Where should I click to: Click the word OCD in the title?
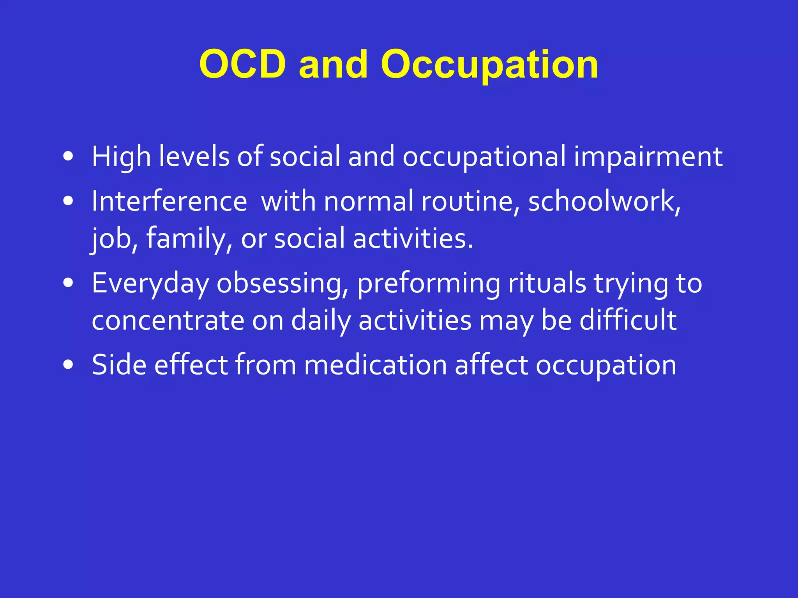click(x=242, y=64)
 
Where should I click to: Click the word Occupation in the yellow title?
click(x=489, y=64)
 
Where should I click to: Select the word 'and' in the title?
click(x=333, y=64)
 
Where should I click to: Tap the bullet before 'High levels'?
click(x=68, y=157)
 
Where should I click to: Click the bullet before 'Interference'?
click(x=68, y=201)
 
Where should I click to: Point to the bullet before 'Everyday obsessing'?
click(x=68, y=283)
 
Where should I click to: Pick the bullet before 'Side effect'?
click(x=68, y=365)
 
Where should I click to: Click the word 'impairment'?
click(x=648, y=157)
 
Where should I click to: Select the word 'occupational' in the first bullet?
click(x=484, y=157)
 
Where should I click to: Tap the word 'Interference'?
click(x=169, y=201)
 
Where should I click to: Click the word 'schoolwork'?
click(x=603, y=201)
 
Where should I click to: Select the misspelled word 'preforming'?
click(x=429, y=283)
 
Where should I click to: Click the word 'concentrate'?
click(x=168, y=320)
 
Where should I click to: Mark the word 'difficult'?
click(x=628, y=320)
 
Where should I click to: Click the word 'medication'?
click(x=375, y=365)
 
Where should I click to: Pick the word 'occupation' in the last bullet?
click(x=606, y=365)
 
